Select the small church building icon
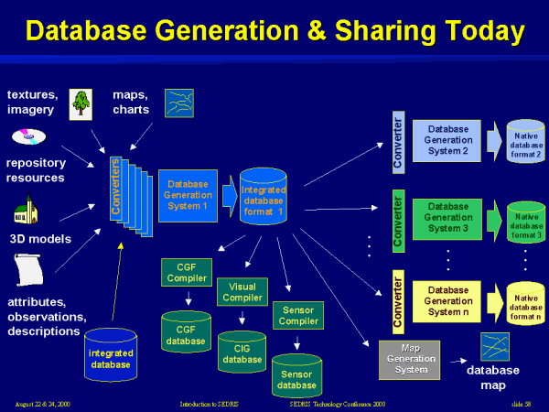coord(24,212)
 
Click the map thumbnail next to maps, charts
coord(178,103)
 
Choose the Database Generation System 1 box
coord(187,195)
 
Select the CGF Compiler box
coord(187,273)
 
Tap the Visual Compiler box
coord(242,292)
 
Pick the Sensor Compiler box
coord(298,316)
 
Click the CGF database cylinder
coord(187,331)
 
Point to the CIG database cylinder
coord(242,352)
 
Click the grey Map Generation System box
coord(409,358)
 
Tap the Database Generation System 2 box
coord(448,140)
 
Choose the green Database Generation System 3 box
coord(448,218)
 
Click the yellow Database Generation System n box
coord(448,300)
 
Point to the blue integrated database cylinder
coord(111,355)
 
